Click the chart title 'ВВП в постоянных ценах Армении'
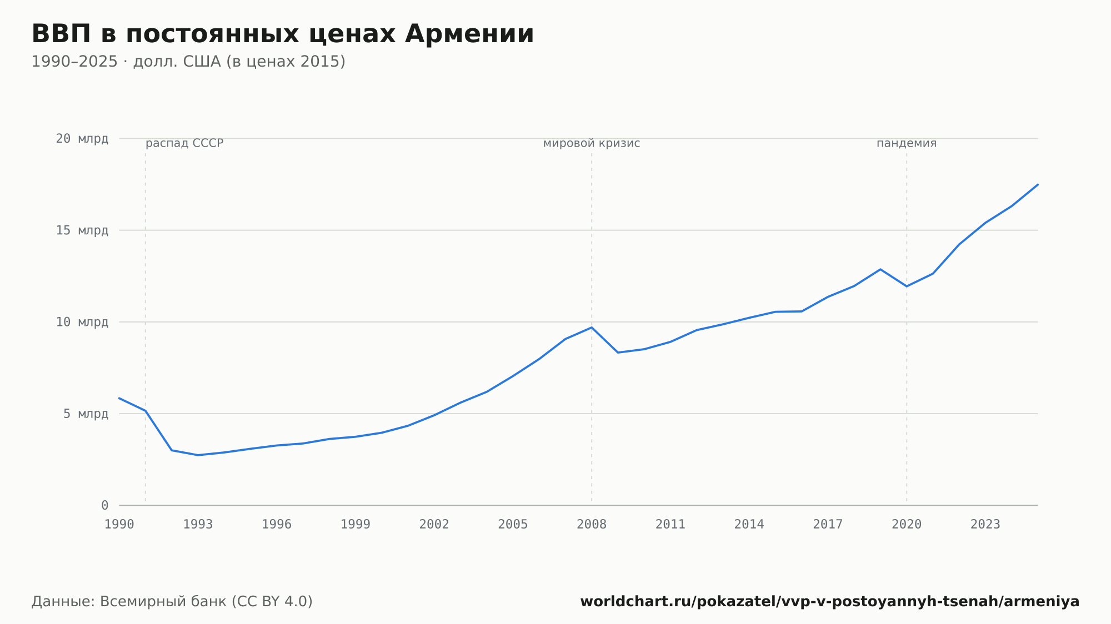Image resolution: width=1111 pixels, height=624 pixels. (282, 34)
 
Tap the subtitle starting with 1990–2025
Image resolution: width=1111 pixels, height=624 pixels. (188, 62)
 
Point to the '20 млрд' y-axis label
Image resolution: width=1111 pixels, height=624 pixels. (82, 139)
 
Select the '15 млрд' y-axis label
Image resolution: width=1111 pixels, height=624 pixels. (82, 230)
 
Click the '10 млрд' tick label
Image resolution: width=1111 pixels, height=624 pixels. (82, 322)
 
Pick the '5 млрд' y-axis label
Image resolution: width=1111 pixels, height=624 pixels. (86, 414)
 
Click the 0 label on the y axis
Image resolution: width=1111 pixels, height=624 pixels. (105, 506)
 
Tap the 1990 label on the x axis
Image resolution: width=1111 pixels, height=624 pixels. (119, 525)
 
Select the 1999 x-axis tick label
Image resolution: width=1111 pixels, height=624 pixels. (356, 525)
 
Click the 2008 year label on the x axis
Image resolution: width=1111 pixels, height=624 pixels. (592, 525)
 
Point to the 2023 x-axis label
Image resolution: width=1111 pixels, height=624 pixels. (985, 525)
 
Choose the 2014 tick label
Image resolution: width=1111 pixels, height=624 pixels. (749, 525)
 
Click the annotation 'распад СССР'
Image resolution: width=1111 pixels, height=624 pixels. (184, 144)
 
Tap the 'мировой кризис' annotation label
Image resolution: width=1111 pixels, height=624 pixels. (592, 144)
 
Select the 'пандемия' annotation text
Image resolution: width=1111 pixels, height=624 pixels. (907, 144)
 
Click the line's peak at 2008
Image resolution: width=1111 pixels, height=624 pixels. (592, 328)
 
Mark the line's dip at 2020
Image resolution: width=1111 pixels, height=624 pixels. (907, 286)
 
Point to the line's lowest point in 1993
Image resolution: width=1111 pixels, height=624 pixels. (198, 455)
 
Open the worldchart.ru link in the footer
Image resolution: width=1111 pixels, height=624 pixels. (830, 602)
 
